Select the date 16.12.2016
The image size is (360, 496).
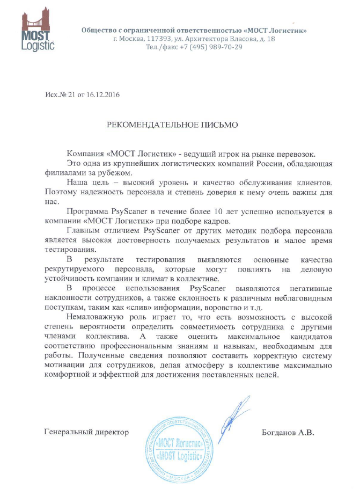[102, 95]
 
